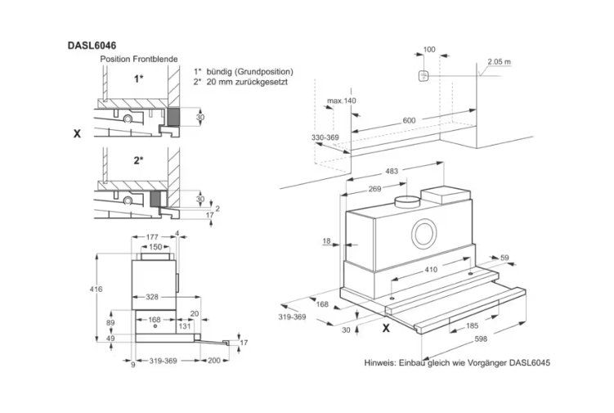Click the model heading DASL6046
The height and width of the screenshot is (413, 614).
[92, 46]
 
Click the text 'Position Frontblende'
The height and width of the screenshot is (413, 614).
[139, 59]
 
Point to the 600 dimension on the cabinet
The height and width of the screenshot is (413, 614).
[409, 120]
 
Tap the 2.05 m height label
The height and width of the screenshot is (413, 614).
[500, 61]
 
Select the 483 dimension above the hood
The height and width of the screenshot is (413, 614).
[392, 171]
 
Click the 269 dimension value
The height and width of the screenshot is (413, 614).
[374, 189]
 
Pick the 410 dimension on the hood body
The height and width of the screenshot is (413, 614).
[431, 270]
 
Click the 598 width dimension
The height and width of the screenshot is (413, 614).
[481, 339]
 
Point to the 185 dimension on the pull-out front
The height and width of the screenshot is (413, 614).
[473, 325]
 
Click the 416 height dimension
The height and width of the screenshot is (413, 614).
[96, 290]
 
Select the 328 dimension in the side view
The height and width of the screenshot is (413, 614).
[152, 297]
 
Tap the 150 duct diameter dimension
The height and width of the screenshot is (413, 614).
[155, 247]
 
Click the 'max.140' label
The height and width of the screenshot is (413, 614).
[342, 101]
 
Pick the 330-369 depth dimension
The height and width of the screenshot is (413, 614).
[325, 137]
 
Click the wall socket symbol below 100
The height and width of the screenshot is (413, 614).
[423, 75]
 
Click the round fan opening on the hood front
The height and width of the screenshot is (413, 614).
[424, 234]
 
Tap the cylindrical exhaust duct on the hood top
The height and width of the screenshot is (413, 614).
[407, 201]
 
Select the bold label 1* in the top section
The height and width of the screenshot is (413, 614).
[139, 79]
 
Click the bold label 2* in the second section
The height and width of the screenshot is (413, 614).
[139, 159]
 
